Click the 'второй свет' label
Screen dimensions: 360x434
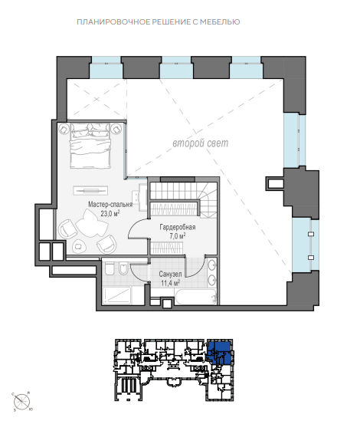point(201,143)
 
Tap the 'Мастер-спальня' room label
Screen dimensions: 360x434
point(110,204)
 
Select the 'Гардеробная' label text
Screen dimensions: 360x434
point(178,227)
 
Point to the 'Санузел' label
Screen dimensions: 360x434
point(170,274)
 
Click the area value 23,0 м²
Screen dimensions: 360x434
point(110,213)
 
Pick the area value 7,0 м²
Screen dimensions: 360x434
point(177,236)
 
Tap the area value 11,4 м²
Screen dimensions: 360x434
point(170,283)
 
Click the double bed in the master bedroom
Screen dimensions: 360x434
point(90,146)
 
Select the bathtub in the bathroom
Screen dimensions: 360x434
point(196,297)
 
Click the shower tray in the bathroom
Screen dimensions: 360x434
point(116,295)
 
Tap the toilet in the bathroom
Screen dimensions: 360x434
point(110,268)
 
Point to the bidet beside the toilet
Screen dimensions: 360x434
point(123,268)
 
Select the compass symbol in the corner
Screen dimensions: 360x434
point(22,401)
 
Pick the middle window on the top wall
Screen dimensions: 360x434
point(176,67)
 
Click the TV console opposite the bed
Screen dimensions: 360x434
point(90,190)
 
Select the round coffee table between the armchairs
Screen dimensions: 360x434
point(79,246)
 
